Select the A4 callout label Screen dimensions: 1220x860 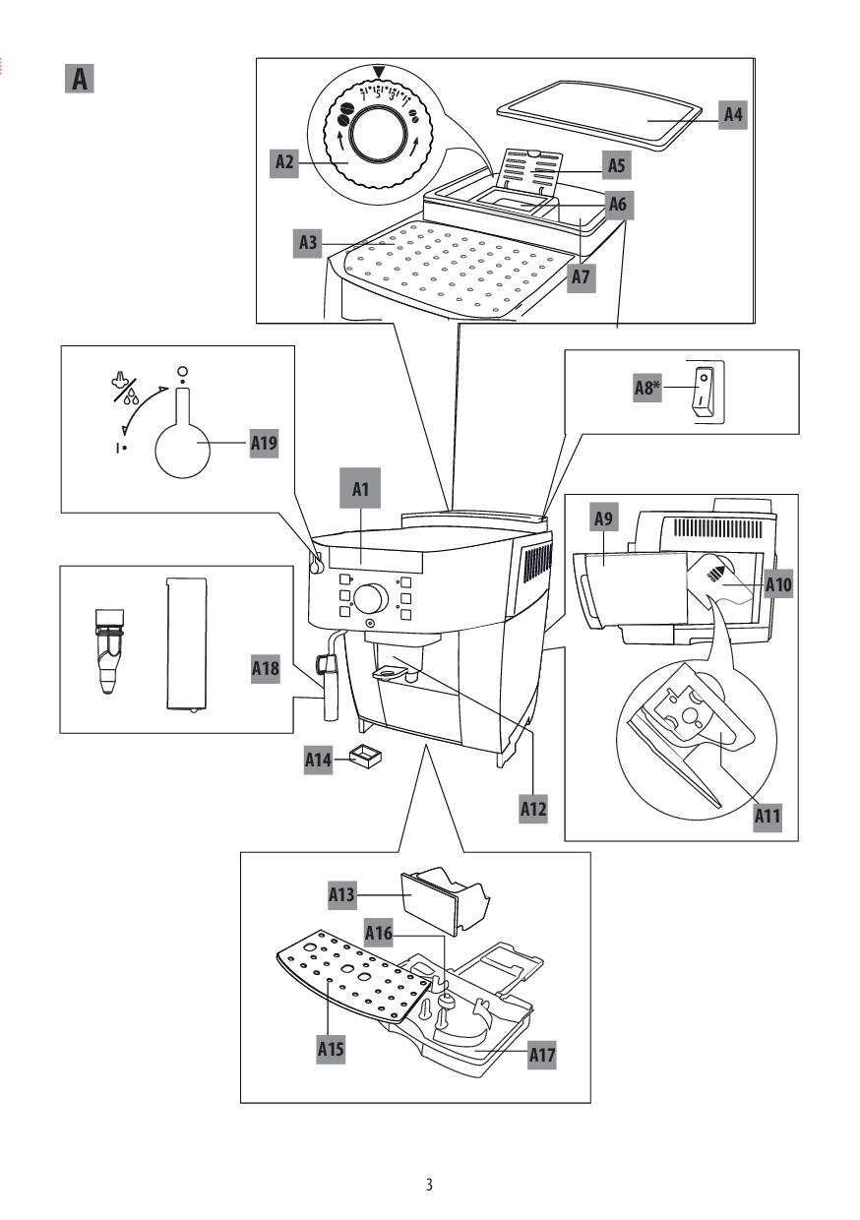point(732,115)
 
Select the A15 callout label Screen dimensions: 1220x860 point(330,1049)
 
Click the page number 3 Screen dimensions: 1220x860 point(429,1184)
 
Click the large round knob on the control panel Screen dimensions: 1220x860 point(369,598)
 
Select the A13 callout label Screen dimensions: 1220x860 point(340,895)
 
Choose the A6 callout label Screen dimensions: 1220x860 point(617,204)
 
